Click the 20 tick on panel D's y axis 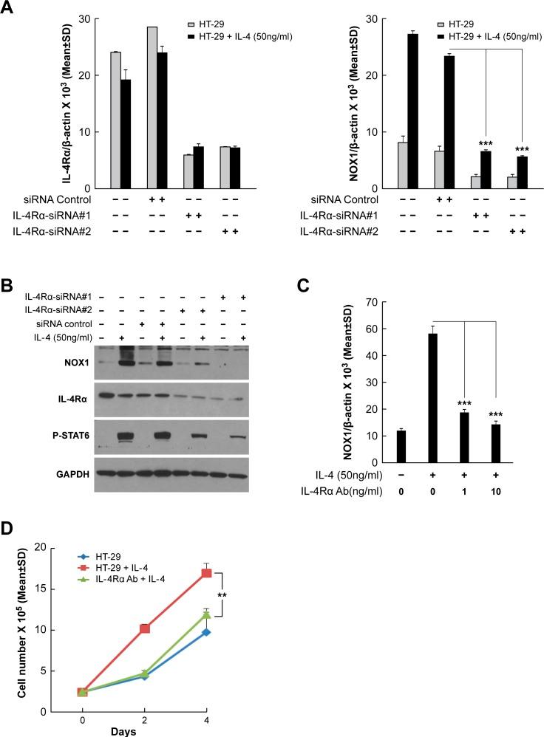coord(50,548)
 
